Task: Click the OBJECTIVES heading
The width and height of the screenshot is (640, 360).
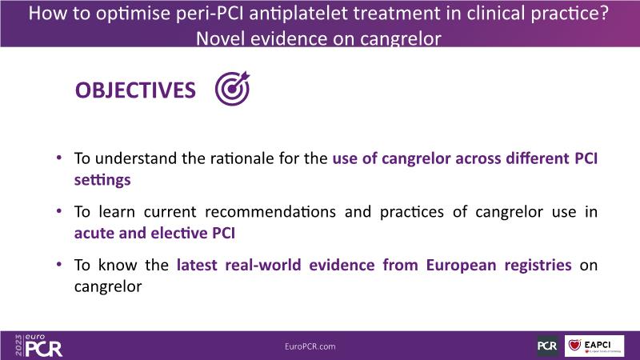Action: click(x=135, y=90)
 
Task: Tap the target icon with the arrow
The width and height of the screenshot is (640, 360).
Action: click(x=232, y=89)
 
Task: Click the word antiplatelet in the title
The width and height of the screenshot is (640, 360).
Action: click(x=298, y=14)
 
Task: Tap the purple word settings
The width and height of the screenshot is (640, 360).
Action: click(x=102, y=180)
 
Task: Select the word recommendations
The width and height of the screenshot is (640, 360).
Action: click(x=270, y=212)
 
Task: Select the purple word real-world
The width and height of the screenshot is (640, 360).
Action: click(x=263, y=266)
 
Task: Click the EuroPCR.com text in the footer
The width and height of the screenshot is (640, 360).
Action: click(x=310, y=346)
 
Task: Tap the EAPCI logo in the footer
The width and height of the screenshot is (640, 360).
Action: click(x=594, y=346)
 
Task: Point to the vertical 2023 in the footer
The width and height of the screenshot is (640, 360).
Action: click(x=18, y=346)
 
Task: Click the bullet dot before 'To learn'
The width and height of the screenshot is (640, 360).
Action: click(x=59, y=211)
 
